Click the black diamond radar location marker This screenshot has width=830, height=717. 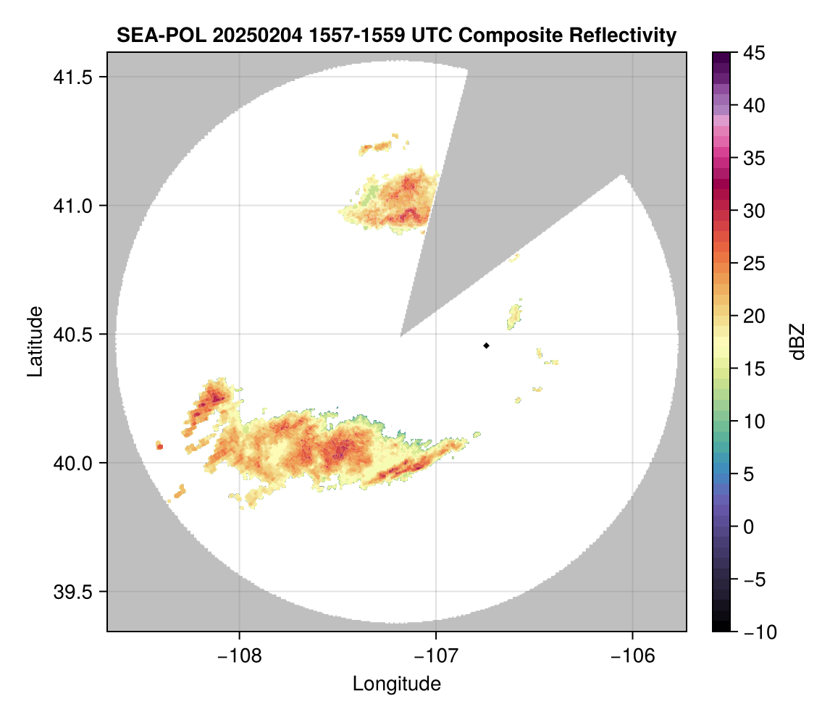click(x=486, y=345)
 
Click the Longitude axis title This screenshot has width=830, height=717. click(x=396, y=684)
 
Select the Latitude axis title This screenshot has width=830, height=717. click(x=34, y=341)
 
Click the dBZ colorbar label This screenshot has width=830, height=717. click(x=797, y=341)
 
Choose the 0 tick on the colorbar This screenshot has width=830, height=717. click(x=747, y=527)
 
